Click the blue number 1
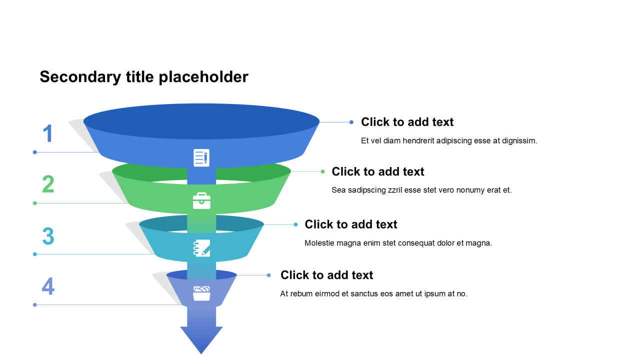coord(47,134)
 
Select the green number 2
coord(48,184)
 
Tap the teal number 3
coord(48,236)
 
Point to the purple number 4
coord(48,286)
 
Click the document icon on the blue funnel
coord(201,157)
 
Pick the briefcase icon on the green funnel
coord(201,201)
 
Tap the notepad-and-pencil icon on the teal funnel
coord(201,248)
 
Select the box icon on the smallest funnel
coord(201,293)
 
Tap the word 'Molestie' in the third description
coord(319,243)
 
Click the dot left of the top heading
coord(351,122)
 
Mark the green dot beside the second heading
coord(322,171)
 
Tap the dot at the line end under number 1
coord(35,152)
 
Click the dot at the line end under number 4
coord(35,304)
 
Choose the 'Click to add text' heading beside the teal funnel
coord(351,224)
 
